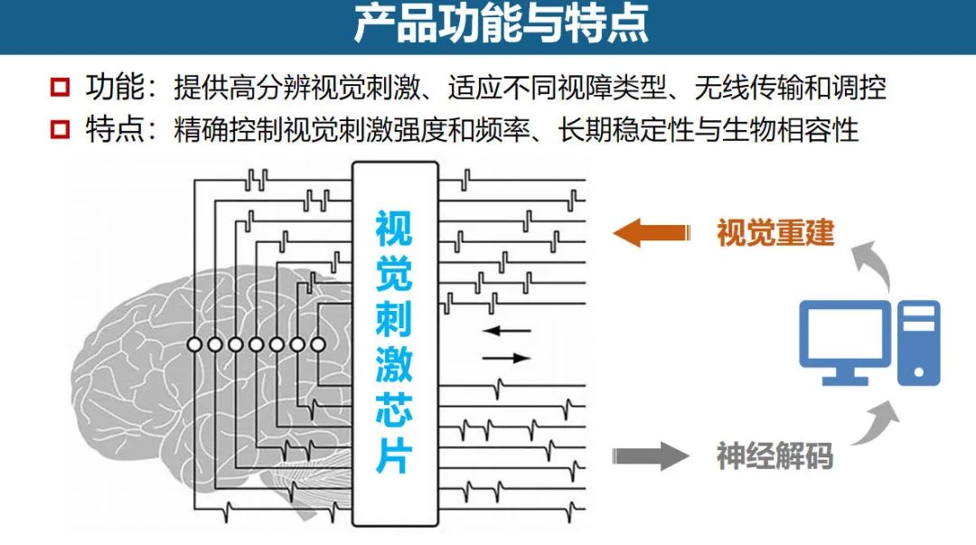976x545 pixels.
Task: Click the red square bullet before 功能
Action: pos(61,88)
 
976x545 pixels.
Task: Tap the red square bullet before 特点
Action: pos(61,130)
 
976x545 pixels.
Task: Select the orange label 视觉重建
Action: pos(774,233)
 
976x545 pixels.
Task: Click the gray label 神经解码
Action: pos(774,456)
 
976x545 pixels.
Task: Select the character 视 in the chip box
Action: pos(394,229)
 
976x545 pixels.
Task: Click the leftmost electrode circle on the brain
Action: pos(194,344)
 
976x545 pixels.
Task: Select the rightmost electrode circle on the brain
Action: pos(317,344)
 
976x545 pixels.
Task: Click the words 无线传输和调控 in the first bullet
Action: pos(790,88)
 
